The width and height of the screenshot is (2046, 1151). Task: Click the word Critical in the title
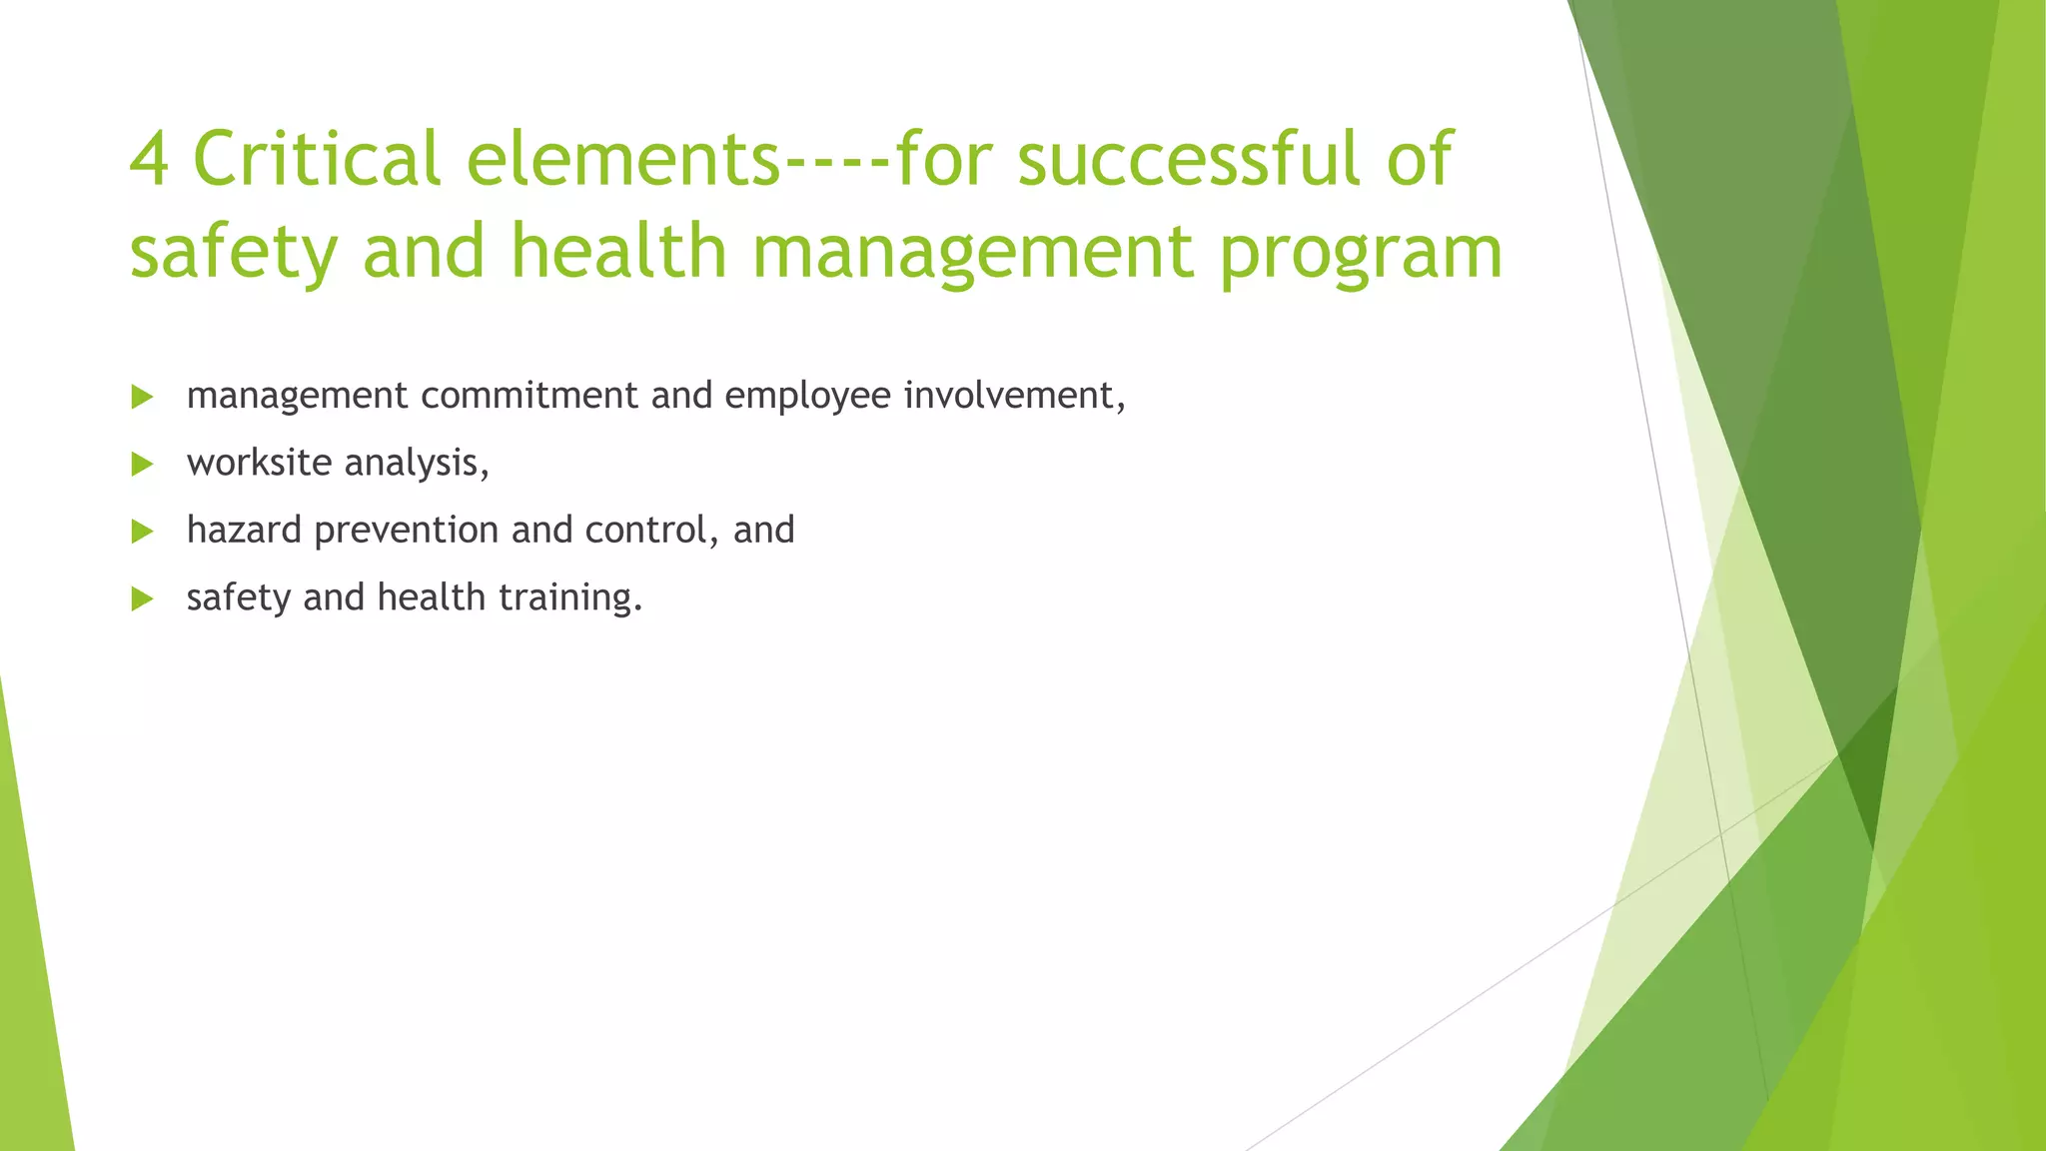click(x=316, y=160)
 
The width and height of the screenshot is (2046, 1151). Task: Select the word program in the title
click(x=1361, y=254)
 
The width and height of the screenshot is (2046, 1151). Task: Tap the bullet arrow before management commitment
click(x=142, y=397)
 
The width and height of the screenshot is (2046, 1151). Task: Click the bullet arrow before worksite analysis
click(x=142, y=464)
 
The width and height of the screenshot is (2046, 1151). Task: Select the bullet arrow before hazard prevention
click(x=142, y=531)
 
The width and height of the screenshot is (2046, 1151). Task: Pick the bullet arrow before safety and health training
click(x=142, y=598)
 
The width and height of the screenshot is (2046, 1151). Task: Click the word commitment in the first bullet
click(x=529, y=396)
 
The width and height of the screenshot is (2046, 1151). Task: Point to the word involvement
click(x=1013, y=396)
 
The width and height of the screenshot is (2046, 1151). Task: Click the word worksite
click(x=259, y=463)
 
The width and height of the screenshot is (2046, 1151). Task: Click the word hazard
click(x=244, y=530)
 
